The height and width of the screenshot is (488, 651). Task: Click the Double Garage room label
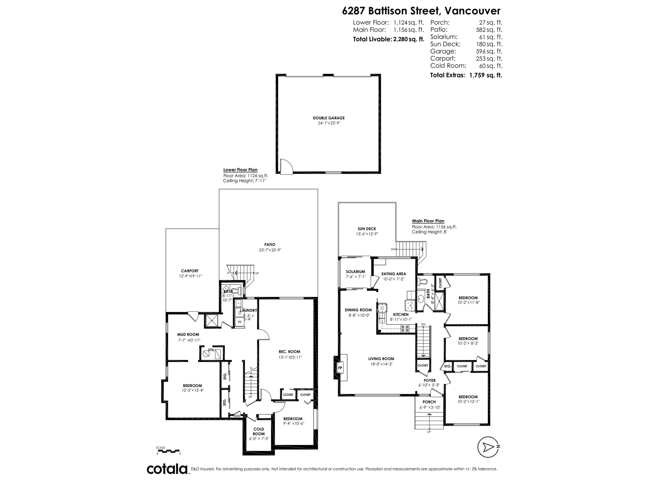pos(329,118)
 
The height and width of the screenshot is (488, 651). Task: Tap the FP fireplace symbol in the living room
pos(340,368)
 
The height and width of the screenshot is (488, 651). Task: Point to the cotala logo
pos(167,469)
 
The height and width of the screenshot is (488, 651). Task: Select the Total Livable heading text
pos(373,39)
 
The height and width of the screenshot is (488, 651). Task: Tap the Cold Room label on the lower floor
pos(259,431)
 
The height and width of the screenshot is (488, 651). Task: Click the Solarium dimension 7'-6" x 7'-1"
pos(355,277)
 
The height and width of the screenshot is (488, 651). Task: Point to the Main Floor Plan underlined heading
pos(428,221)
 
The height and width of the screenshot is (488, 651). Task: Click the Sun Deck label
pos(367,229)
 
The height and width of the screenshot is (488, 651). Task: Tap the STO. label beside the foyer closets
pos(447,366)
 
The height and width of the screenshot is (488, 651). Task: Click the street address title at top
pos(421,11)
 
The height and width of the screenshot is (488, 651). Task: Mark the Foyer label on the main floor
pos(429,380)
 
